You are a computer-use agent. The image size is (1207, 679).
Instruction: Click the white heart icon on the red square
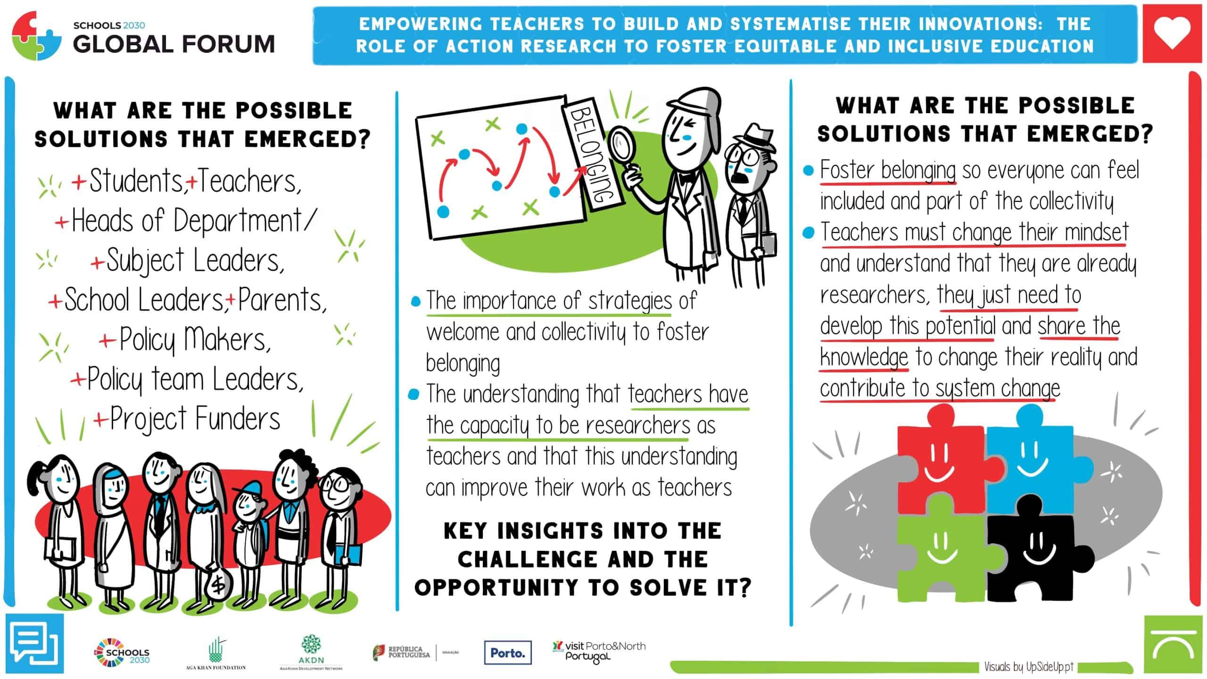[x=1171, y=33]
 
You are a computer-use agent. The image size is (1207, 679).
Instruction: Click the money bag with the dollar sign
[x=217, y=585]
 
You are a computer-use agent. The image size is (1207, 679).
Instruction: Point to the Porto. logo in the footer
[x=508, y=653]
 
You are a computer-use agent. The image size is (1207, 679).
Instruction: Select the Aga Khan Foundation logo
[x=216, y=653]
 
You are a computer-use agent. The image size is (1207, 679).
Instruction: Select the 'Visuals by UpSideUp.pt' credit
[x=1028, y=666]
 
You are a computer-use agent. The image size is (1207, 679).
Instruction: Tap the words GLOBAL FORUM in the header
[x=174, y=44]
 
